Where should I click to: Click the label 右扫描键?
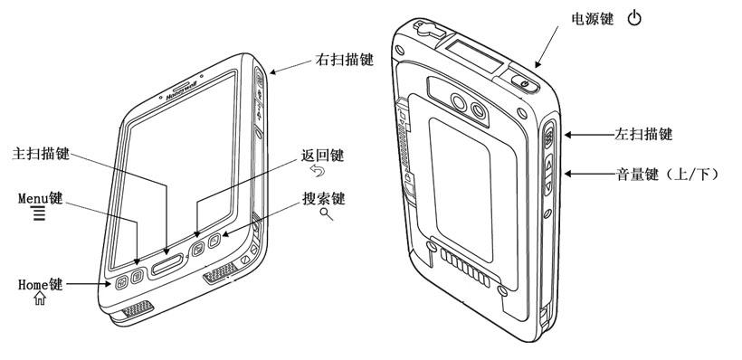(x=345, y=60)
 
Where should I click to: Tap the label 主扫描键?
(x=41, y=154)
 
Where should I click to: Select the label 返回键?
(x=323, y=156)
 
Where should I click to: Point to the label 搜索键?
(x=324, y=199)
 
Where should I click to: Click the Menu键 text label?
(x=40, y=198)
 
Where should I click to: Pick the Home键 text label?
(x=40, y=284)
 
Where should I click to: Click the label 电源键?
(x=593, y=19)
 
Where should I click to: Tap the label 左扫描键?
(x=643, y=135)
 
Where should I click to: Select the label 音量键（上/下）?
(x=667, y=175)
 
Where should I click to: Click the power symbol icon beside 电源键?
(x=634, y=19)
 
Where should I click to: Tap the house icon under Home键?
(x=40, y=298)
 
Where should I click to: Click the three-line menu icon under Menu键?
(x=39, y=214)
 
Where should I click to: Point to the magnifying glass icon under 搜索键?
(x=327, y=213)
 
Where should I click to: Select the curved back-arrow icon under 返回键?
(x=318, y=171)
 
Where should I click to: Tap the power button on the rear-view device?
(x=524, y=84)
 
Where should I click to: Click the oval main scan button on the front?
(x=167, y=265)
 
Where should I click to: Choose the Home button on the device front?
(x=121, y=282)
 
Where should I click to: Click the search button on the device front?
(x=214, y=241)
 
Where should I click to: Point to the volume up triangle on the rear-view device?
(x=549, y=166)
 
